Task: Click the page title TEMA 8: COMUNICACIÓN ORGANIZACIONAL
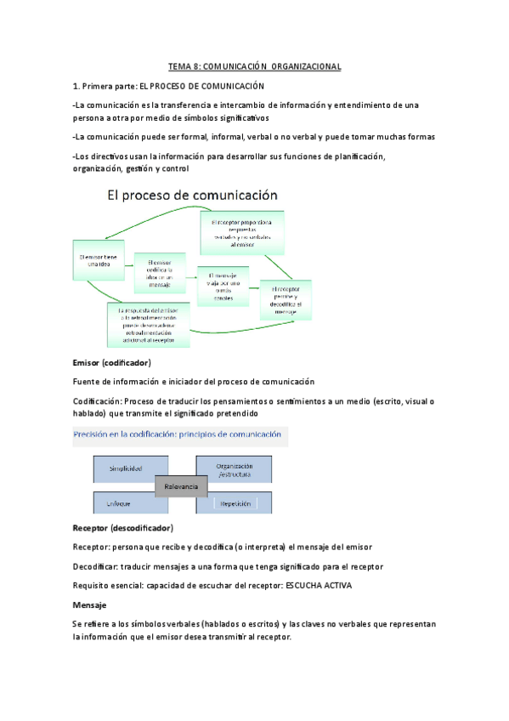tap(254, 66)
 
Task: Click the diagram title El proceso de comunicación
tap(192, 196)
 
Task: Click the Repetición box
tap(235, 503)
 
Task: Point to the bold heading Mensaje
tap(90, 605)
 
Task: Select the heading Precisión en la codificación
tap(178, 434)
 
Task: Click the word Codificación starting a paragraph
tap(97, 401)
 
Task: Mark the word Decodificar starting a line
tap(97, 566)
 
